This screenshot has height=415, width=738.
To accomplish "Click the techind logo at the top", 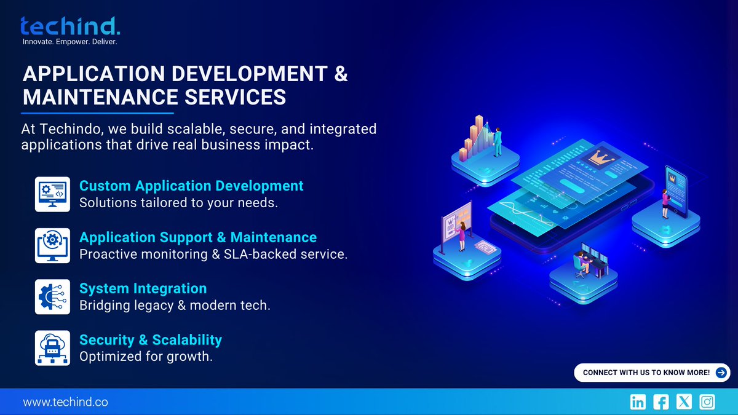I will coord(70,26).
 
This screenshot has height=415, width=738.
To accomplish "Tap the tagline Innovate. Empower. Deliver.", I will coord(69,42).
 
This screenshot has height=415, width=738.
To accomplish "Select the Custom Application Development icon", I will coord(52,194).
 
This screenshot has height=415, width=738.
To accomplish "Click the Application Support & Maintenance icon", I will coord(52,245).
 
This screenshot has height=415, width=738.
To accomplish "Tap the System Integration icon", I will coord(52,296).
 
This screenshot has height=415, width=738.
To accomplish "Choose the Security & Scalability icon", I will coord(52,347).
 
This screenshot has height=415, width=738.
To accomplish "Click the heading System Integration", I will coord(143,288).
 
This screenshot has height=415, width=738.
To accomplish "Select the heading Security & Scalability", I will coord(150,339).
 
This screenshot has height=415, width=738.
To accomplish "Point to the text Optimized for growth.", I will coord(146,356).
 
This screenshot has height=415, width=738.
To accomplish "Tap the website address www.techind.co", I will coord(65,402).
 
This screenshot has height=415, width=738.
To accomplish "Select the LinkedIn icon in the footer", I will coord(638,402).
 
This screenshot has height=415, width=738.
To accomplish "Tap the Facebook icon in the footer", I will coord(661,402).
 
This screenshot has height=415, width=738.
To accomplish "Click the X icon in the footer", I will coord(684,402).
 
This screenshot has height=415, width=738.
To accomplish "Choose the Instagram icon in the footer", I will coord(707,402).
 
